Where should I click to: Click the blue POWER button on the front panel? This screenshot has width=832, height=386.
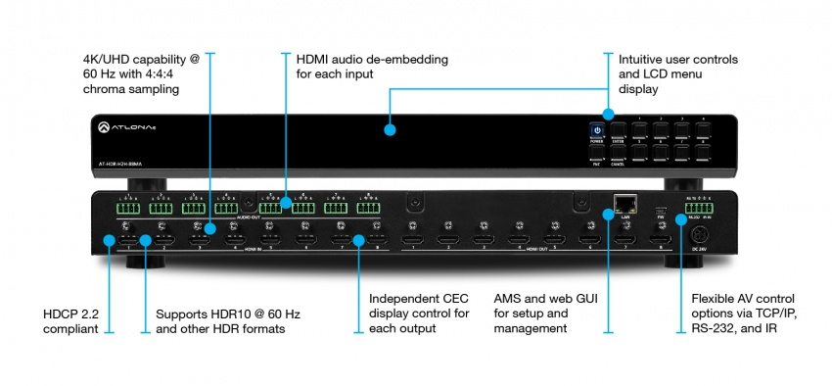[596, 130]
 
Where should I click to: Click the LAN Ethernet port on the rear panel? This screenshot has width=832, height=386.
[622, 204]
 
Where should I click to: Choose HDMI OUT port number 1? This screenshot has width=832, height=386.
[416, 238]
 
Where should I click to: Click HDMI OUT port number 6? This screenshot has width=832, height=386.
[587, 238]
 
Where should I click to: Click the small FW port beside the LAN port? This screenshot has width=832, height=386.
[662, 210]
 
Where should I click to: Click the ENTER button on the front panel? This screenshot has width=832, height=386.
[619, 130]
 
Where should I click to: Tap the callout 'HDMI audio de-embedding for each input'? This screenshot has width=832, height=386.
[372, 67]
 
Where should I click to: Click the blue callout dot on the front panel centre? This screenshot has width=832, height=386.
[389, 128]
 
